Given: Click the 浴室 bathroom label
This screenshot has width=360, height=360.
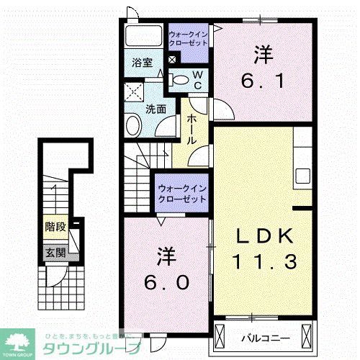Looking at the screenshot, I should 142,63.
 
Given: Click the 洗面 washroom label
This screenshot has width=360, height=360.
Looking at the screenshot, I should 156,110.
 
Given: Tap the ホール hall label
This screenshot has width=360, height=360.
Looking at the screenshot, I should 192,130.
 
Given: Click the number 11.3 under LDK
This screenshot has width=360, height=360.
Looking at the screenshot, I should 265,263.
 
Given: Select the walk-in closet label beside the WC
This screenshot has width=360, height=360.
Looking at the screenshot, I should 188,38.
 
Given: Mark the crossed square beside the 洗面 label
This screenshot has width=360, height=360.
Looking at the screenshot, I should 132,92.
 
